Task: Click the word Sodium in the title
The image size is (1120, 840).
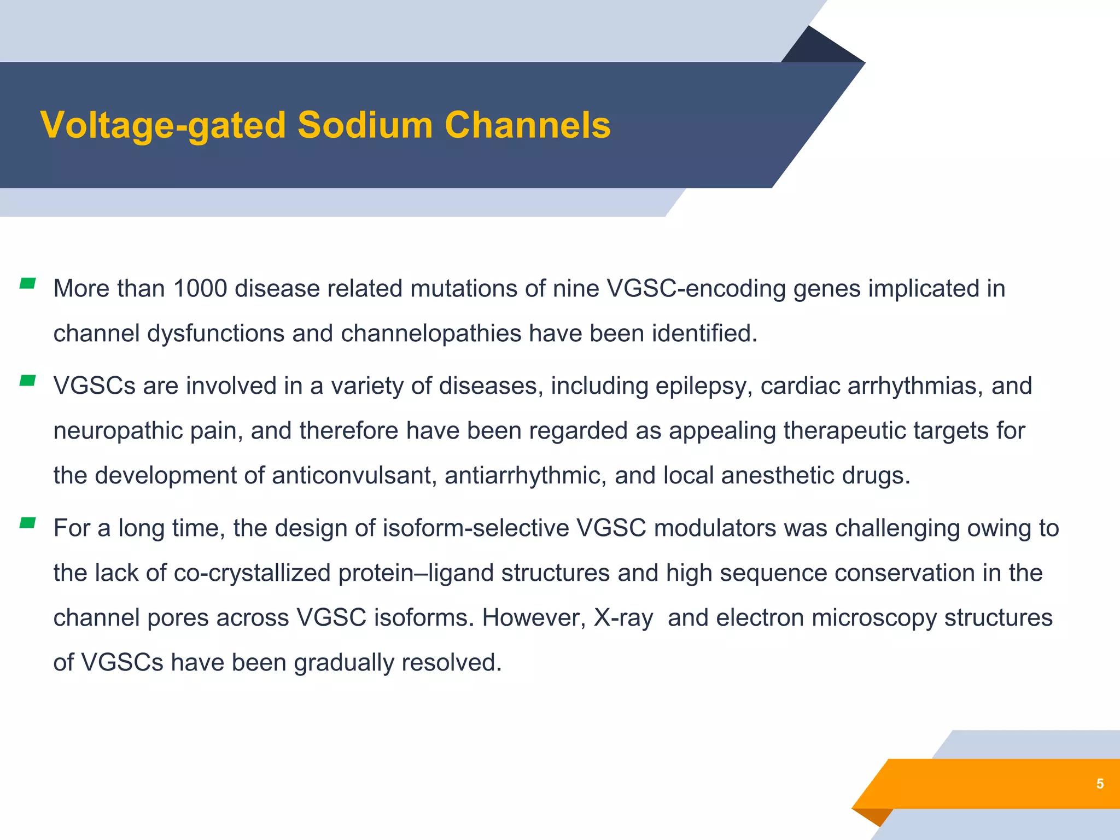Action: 365,125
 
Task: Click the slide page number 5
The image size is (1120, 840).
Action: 1100,784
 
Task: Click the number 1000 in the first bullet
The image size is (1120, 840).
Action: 200,289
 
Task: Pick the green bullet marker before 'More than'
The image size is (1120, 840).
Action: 27,283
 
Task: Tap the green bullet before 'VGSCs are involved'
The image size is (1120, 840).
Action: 27,381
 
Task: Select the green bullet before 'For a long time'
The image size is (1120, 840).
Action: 27,523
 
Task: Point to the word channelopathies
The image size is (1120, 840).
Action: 431,334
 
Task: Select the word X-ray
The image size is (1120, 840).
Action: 623,619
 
